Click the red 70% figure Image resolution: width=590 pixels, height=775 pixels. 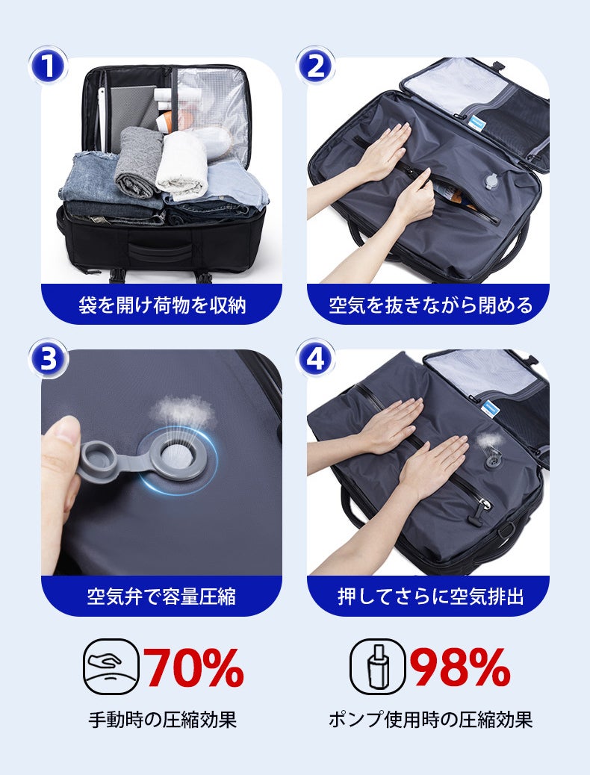193,667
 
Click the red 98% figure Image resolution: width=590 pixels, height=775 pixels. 460,667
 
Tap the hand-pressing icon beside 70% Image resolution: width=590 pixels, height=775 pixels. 111,667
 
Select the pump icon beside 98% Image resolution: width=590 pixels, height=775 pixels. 378,667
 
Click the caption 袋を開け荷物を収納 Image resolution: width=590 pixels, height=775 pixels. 162,305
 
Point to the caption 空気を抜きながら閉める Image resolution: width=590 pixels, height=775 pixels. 430,305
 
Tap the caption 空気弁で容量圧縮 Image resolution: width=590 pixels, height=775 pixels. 162,597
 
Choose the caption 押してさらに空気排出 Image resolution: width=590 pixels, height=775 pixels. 430,597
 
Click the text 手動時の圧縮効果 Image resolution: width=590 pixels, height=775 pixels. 162,720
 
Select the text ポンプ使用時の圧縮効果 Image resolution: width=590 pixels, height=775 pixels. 430,720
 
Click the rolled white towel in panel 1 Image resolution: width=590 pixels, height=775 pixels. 182,165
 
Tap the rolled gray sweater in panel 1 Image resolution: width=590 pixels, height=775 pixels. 138,161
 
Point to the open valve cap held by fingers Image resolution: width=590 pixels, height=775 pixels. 97,462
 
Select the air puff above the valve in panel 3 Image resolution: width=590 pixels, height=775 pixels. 182,410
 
